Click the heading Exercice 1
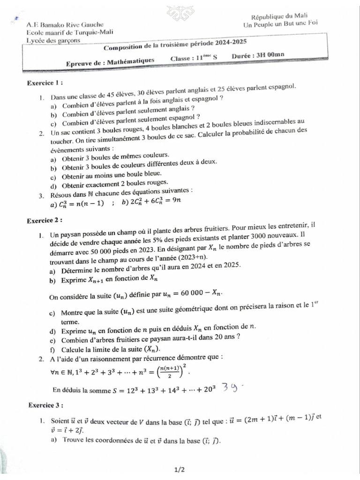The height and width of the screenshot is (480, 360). pyautogui.click(x=45, y=83)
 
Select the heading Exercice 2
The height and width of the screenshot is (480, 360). pyautogui.click(x=45, y=220)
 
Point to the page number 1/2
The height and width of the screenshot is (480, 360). pyautogui.click(x=180, y=469)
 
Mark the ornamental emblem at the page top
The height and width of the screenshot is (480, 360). pyautogui.click(x=181, y=13)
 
